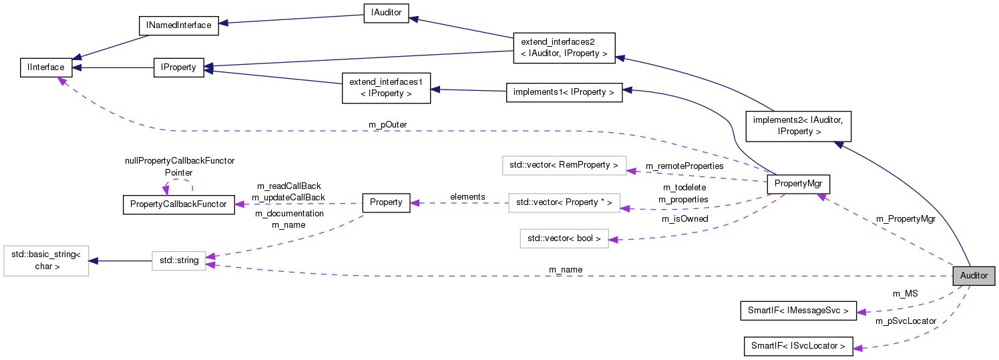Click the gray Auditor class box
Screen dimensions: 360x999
point(973,276)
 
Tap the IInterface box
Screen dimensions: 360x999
point(46,67)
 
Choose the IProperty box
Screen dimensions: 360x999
point(179,67)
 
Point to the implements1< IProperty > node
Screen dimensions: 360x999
point(564,93)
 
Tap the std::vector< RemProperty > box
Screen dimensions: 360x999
point(564,164)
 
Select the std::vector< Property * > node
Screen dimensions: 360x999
point(564,202)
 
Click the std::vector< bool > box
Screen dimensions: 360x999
point(564,238)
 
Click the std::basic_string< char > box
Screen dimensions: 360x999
point(46,260)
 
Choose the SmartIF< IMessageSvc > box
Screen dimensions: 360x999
point(797,311)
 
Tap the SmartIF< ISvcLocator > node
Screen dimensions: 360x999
point(797,346)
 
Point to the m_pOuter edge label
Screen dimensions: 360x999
point(387,125)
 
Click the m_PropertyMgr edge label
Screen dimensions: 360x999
point(905,219)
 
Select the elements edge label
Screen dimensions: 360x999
point(467,196)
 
